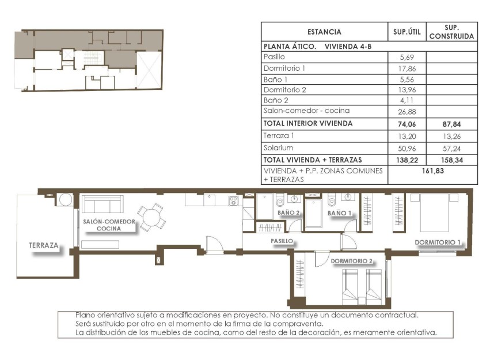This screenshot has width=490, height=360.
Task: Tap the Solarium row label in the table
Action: pyautogui.click(x=277, y=147)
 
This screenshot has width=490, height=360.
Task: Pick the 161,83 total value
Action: pyautogui.click(x=432, y=170)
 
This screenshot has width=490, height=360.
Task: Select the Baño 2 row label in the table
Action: pyautogui.click(x=275, y=100)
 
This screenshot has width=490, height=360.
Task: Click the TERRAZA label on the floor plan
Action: pyautogui.click(x=43, y=245)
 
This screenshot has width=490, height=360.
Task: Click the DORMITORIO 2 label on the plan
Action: pyautogui.click(x=352, y=261)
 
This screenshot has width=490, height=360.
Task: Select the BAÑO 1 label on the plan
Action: pyautogui.click(x=340, y=213)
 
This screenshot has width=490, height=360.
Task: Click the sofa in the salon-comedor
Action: pyautogui.click(x=102, y=204)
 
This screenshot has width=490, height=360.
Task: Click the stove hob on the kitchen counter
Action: pyautogui.click(x=233, y=201)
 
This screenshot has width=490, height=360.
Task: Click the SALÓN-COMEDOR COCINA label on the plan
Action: pyautogui.click(x=109, y=225)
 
